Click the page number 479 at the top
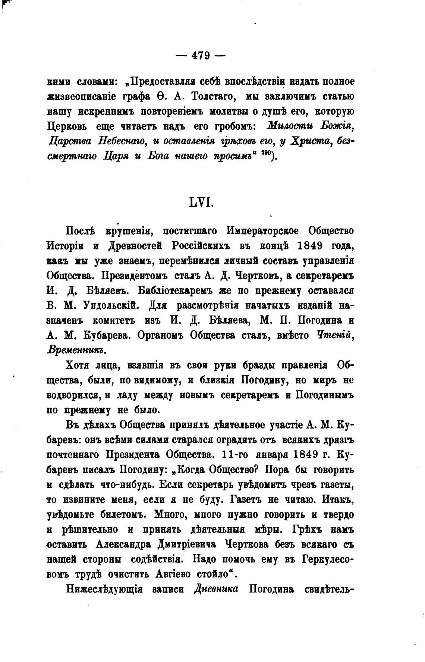[x=201, y=56]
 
